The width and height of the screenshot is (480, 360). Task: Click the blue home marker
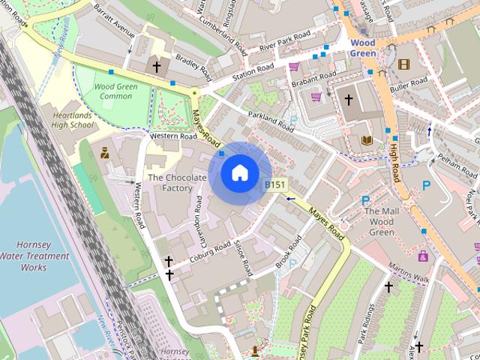click(238, 173)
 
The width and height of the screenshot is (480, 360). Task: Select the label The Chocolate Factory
click(176, 183)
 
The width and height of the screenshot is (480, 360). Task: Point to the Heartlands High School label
click(72, 120)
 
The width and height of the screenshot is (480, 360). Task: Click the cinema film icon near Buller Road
click(404, 64)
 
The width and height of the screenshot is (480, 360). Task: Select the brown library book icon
click(367, 140)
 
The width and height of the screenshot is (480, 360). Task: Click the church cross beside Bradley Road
click(157, 67)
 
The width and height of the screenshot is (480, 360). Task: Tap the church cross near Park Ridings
click(388, 286)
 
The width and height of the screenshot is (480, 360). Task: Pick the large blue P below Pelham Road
click(427, 186)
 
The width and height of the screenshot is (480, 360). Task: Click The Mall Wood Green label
click(379, 222)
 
